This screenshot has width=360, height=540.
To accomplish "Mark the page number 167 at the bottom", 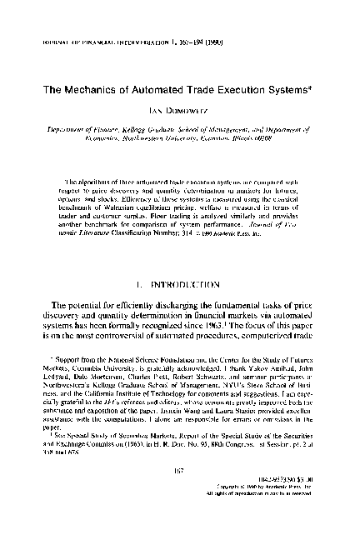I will pos(178,497).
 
